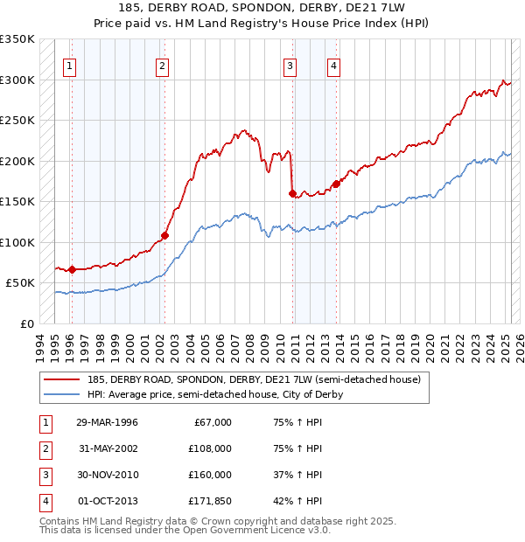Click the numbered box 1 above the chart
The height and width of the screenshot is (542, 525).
[69, 64]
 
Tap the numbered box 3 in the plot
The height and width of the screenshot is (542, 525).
[290, 64]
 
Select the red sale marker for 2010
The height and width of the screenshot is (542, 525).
[292, 194]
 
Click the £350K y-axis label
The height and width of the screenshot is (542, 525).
[17, 39]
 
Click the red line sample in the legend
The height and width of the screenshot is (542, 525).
[61, 379]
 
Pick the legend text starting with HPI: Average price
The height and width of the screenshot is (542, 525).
[215, 394]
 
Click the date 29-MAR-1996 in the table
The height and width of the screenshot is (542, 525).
[108, 422]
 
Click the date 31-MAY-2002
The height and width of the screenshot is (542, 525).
[108, 448]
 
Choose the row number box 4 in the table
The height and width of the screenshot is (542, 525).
[45, 501]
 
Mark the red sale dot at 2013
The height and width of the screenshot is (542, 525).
[335, 184]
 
